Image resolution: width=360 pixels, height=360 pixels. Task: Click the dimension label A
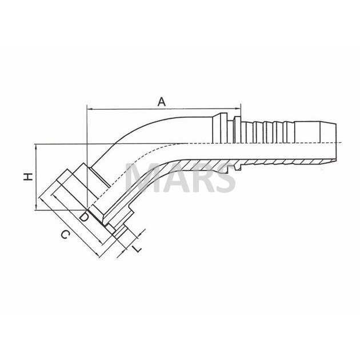click(x=162, y=102)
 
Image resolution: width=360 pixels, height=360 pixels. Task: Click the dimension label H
click(x=29, y=177)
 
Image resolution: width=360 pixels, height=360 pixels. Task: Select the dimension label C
click(x=65, y=235)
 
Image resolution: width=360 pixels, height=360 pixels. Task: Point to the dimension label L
click(x=137, y=249)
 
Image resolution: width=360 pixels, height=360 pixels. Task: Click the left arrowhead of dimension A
click(x=90, y=109)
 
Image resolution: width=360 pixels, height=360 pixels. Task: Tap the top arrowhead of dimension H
click(x=36, y=147)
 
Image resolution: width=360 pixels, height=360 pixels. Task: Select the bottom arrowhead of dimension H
click(x=36, y=207)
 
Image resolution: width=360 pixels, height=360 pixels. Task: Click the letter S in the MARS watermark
click(x=223, y=178)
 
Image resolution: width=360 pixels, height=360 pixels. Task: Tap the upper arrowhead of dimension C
click(x=41, y=199)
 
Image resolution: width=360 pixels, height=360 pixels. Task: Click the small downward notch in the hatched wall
click(x=238, y=167)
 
